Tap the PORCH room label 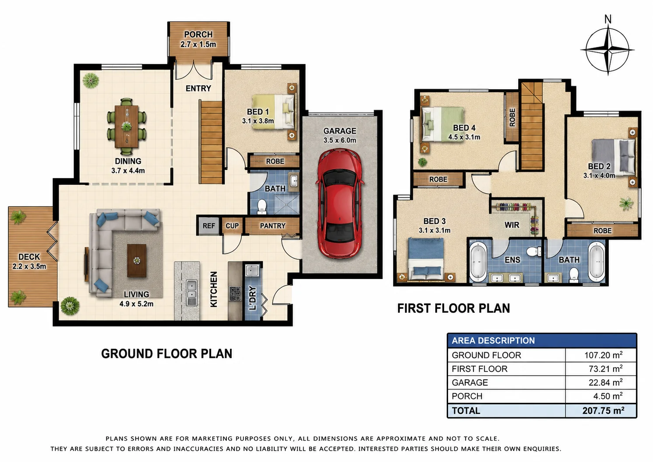pyautogui.click(x=198, y=35)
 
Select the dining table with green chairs pyautogui.click(x=127, y=126)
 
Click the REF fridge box pyautogui.click(x=209, y=226)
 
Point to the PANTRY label pyautogui.click(x=272, y=226)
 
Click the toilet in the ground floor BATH pyautogui.click(x=262, y=206)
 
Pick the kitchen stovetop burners pyautogui.click(x=235, y=293)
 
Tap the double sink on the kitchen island pyautogui.click(x=191, y=293)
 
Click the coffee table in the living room pyautogui.click(x=137, y=260)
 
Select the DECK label pyautogui.click(x=29, y=257)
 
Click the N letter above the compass pyautogui.click(x=608, y=19)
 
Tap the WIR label pyautogui.click(x=512, y=225)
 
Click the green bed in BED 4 pyautogui.click(x=442, y=124)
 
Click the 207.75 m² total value pyautogui.click(x=603, y=411)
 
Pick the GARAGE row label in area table pyautogui.click(x=469, y=382)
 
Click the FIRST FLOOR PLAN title pyautogui.click(x=454, y=308)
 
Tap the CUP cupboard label pyautogui.click(x=232, y=226)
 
